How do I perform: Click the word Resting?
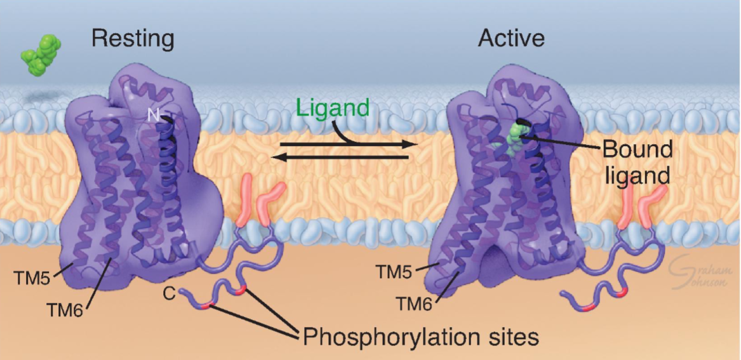tap(132, 39)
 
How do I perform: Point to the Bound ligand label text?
tap(636, 162)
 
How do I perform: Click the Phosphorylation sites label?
tap(420, 336)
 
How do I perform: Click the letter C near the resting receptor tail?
tap(169, 294)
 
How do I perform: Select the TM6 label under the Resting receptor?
tap(65, 309)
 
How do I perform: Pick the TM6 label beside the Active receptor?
tap(415, 303)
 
